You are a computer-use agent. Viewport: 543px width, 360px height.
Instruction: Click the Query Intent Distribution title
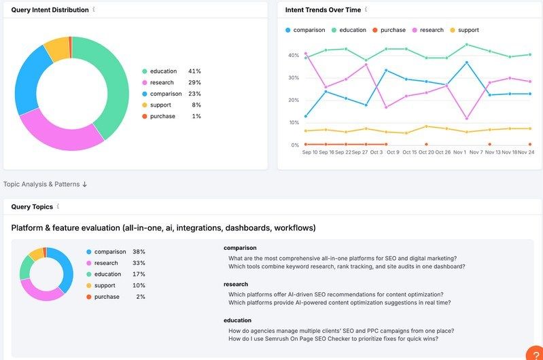tap(50, 10)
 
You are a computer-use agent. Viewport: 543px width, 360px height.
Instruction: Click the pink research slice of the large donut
tap(58, 133)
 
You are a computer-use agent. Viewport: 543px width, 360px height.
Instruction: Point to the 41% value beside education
tap(194, 71)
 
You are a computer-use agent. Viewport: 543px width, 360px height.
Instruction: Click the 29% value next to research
tap(194, 82)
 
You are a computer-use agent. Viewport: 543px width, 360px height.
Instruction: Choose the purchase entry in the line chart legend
tap(392, 30)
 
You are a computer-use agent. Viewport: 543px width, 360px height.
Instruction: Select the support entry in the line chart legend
tap(468, 30)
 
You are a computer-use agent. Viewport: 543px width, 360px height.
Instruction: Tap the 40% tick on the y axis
tap(294, 55)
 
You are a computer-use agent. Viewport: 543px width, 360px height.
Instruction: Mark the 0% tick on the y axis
tap(295, 145)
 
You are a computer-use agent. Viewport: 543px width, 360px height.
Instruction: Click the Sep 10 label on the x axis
tap(310, 152)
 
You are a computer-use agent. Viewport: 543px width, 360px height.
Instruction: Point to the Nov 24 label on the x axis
tap(525, 152)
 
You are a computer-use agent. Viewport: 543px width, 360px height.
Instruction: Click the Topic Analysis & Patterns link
tap(45, 184)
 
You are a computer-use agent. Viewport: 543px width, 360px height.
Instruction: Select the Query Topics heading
tap(32, 206)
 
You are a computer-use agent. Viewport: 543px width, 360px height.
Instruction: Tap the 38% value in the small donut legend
tap(139, 251)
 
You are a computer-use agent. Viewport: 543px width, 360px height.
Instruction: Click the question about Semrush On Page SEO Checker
tap(333, 338)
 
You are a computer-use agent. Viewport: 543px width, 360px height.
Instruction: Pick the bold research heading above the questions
tap(236, 284)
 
